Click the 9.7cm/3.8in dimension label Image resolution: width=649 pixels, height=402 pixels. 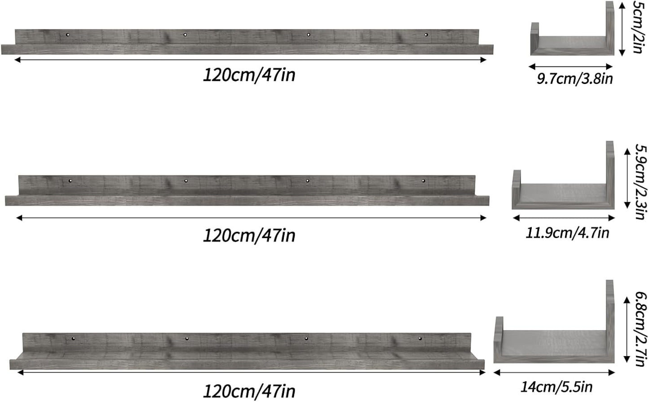(574, 79)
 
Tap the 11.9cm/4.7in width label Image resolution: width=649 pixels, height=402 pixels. (567, 233)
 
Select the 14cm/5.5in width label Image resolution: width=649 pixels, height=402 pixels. (556, 387)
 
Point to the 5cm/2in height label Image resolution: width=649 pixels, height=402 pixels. (638, 27)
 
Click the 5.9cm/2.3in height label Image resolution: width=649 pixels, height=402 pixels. (641, 181)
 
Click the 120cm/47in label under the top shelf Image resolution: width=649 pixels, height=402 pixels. (249, 75)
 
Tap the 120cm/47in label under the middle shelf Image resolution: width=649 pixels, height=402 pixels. (249, 235)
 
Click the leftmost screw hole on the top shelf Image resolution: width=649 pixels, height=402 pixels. (68, 35)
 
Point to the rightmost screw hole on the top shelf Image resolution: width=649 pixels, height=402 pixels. (426, 35)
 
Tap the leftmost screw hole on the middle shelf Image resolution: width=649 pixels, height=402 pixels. (70, 181)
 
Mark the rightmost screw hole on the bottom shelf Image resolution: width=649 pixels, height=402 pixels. (420, 338)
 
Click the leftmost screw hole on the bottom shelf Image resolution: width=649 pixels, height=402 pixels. (73, 338)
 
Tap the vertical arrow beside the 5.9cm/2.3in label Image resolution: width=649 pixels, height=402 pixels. (627, 179)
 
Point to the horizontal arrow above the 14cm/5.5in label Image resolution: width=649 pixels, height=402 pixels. (554, 372)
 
